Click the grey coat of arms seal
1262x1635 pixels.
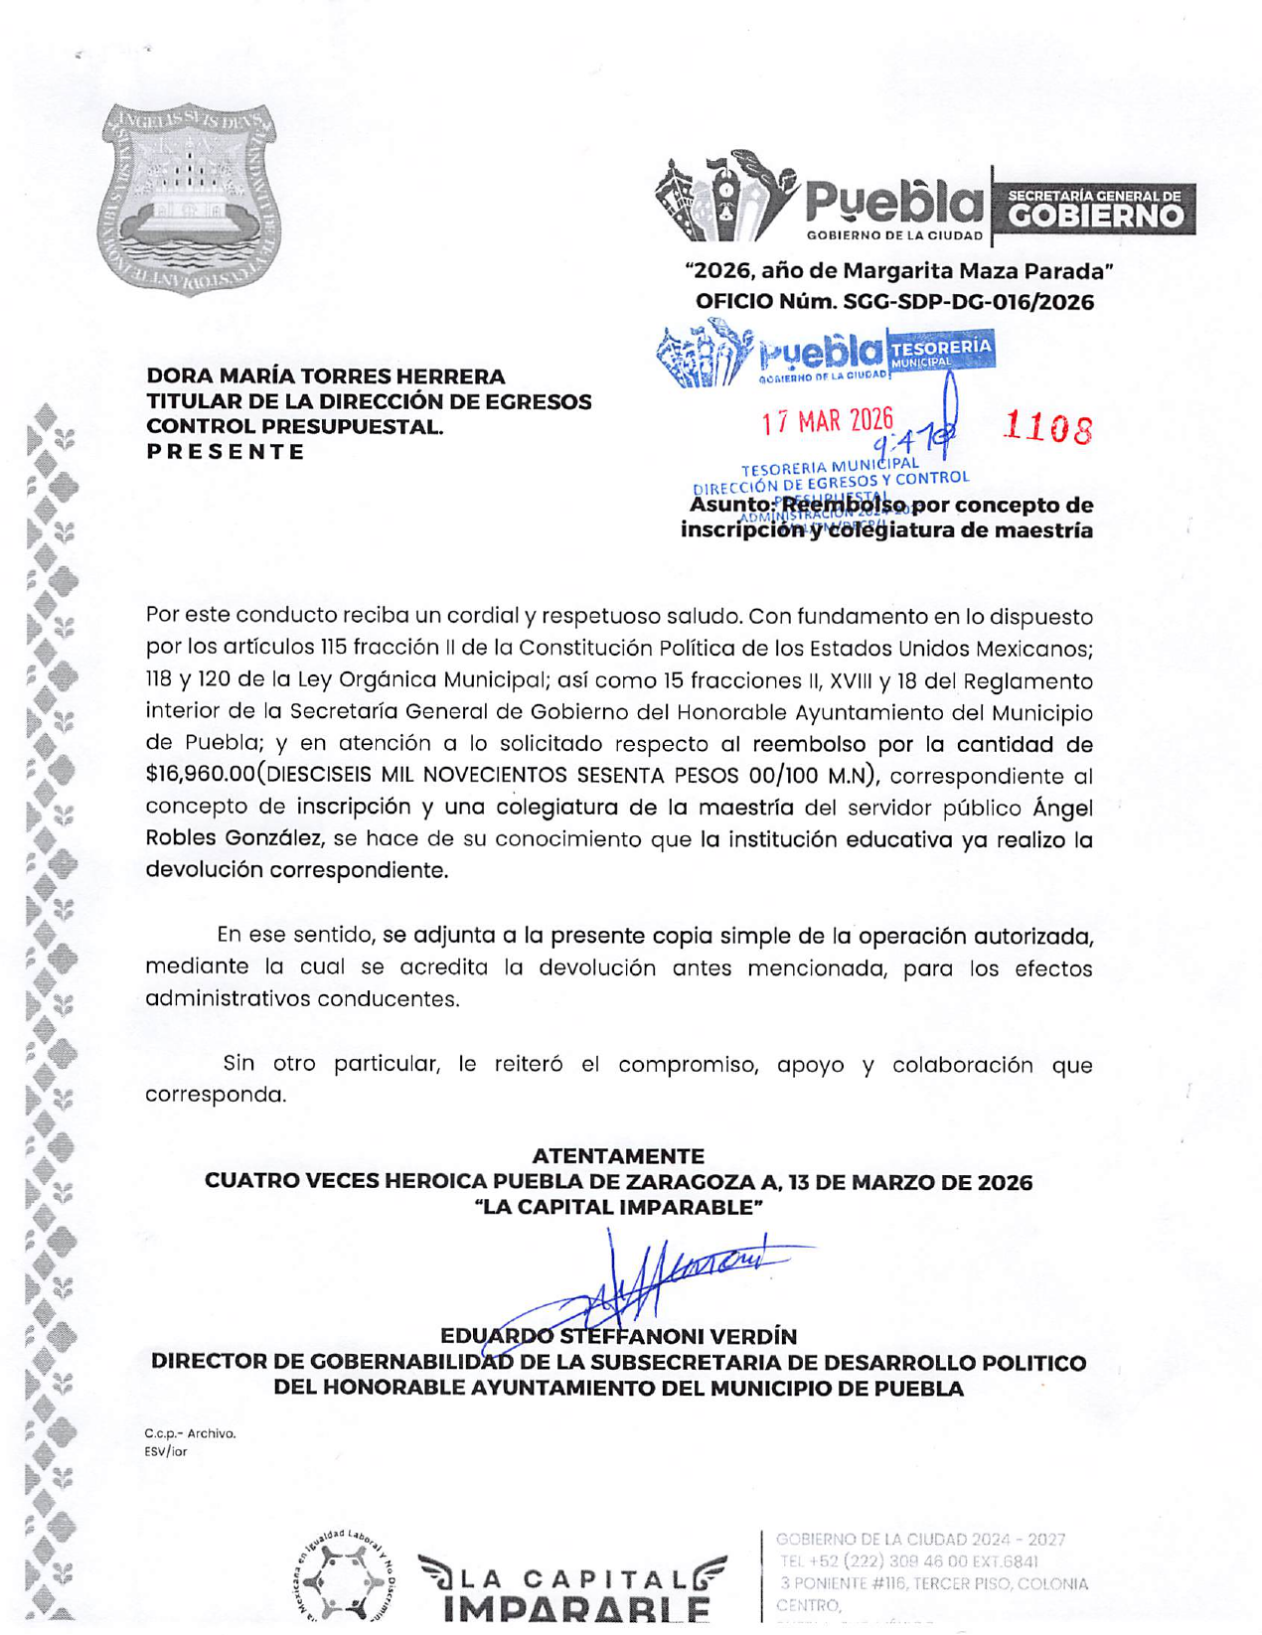click(188, 200)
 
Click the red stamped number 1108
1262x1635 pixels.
click(1047, 428)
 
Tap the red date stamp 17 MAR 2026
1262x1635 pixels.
click(828, 421)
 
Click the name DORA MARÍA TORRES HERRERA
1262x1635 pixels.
click(326, 376)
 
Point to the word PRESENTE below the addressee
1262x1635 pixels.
click(226, 452)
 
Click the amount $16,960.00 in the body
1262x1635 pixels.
click(199, 775)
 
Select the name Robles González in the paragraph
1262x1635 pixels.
click(235, 837)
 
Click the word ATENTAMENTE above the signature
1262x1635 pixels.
click(618, 1156)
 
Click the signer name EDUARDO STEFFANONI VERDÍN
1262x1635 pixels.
click(618, 1337)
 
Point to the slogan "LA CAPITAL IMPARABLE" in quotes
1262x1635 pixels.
click(618, 1208)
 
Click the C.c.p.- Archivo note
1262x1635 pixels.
click(190, 1433)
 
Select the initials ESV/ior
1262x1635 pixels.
click(165, 1451)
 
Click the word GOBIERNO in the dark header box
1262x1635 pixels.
click(1095, 216)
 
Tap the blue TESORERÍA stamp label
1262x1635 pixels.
click(941, 348)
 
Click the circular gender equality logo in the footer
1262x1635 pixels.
click(346, 1579)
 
